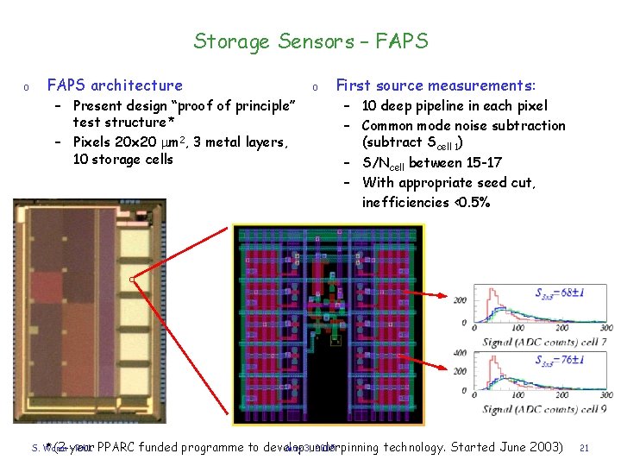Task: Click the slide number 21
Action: tap(584, 448)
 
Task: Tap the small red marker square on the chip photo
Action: tap(132, 280)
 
